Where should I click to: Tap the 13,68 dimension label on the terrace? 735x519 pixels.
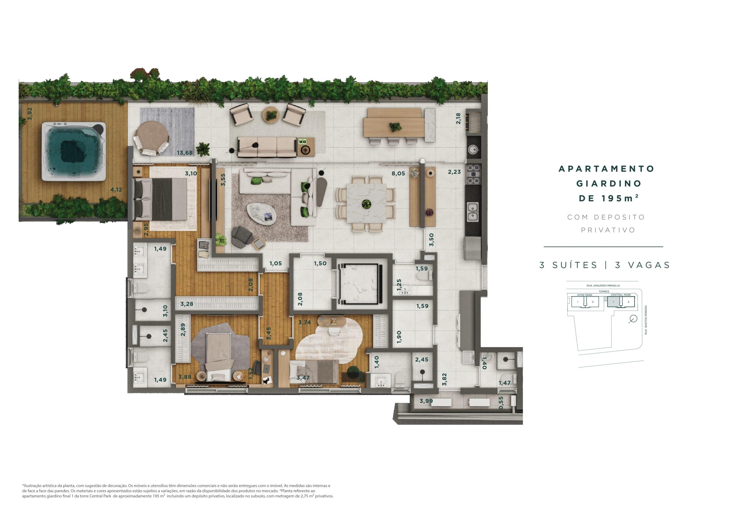185,153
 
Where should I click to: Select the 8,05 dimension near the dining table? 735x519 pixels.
398,174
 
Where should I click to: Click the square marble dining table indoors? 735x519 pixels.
366,203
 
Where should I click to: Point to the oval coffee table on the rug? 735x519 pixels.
262,214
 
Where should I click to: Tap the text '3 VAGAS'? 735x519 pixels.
642,265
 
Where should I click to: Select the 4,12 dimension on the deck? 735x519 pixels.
116,190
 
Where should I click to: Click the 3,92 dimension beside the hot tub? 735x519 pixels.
30,114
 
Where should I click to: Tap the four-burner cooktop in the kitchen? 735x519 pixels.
473,174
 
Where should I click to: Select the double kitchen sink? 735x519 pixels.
473,212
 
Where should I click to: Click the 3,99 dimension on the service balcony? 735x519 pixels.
426,401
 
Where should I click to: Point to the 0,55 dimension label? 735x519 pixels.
501,403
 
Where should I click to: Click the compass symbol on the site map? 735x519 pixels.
633,319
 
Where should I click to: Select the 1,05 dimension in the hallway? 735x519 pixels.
275,264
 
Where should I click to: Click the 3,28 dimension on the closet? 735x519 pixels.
187,304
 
